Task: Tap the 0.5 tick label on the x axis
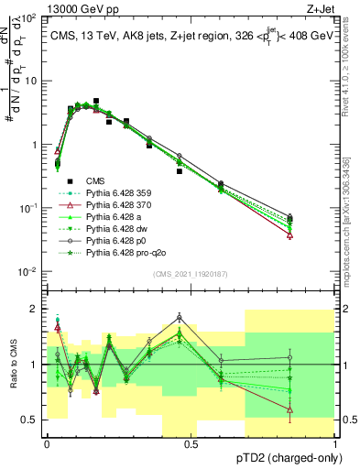tap(191, 442)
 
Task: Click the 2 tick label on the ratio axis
tap(33, 309)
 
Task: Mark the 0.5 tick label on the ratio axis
tap(29, 420)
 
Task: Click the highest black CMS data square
tap(96, 102)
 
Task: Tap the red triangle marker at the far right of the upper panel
tap(290, 235)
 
